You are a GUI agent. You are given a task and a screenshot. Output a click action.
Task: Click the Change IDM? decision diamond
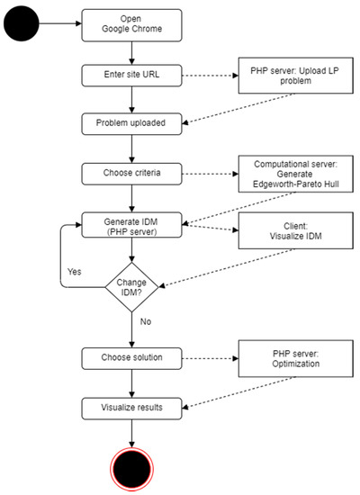coord(131,289)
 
